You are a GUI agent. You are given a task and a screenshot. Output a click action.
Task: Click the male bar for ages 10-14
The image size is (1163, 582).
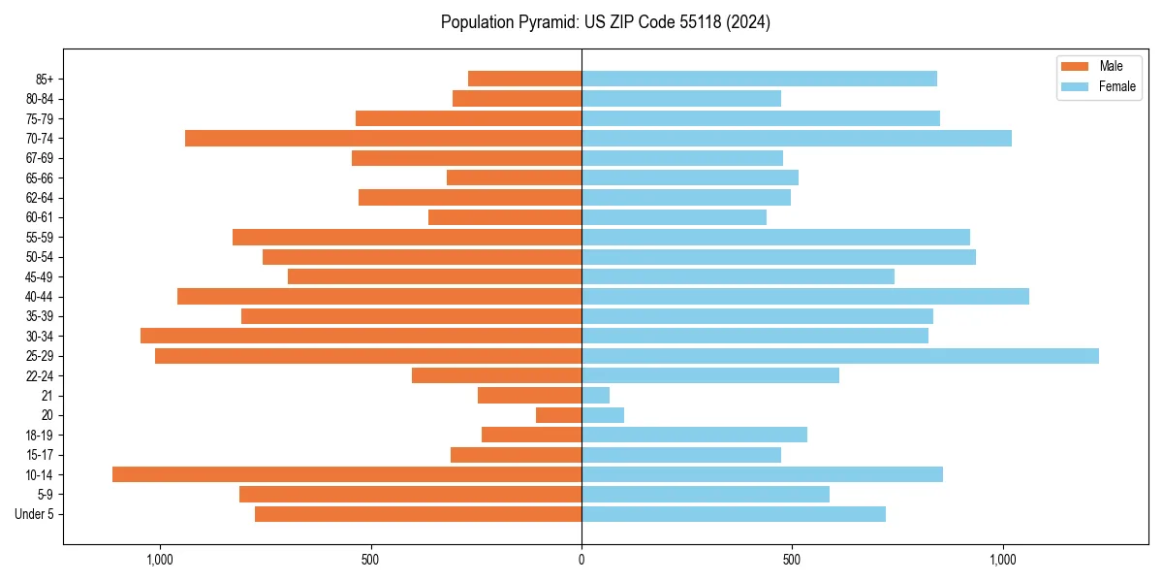point(347,474)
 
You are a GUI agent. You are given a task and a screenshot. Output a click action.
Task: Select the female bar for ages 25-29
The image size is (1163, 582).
point(839,356)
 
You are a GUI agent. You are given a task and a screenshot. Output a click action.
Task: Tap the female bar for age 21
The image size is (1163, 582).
point(595,395)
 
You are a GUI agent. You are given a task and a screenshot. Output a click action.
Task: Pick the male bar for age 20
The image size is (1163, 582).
point(559,415)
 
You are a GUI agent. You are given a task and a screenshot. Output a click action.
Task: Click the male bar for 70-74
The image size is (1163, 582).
point(383,138)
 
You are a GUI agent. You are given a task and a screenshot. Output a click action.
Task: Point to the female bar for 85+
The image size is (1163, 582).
point(759,79)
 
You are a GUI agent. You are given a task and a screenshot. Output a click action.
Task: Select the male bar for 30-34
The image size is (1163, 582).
point(361,336)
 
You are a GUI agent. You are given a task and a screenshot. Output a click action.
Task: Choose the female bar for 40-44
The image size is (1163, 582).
point(804,296)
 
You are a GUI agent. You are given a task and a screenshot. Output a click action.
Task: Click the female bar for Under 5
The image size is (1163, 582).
point(733,514)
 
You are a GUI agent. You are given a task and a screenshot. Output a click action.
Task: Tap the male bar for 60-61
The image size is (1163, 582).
point(505,217)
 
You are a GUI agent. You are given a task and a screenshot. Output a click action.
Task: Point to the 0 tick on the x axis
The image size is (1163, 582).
point(581,560)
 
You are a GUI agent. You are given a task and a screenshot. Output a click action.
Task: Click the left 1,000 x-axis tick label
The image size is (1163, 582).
point(160,560)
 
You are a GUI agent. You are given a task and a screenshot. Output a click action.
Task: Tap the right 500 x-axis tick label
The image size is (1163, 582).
point(792,560)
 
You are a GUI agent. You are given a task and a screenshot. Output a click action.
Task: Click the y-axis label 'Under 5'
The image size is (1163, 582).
point(34,514)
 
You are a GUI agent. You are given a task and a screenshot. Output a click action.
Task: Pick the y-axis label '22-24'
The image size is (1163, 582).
point(40,375)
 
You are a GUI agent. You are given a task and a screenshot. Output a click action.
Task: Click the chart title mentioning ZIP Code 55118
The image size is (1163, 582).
point(606,22)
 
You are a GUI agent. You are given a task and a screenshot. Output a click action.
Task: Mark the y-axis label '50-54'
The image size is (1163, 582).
point(40,257)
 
